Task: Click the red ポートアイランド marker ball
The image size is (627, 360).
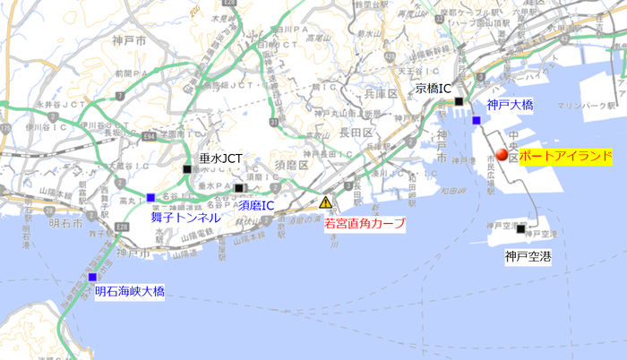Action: pyautogui.click(x=502, y=156)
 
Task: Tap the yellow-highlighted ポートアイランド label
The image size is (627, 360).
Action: pyautogui.click(x=565, y=156)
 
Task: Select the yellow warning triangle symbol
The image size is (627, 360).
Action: pyautogui.click(x=326, y=202)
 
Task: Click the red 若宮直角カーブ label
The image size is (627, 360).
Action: pyautogui.click(x=365, y=223)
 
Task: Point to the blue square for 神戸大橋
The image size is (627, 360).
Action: pyautogui.click(x=477, y=120)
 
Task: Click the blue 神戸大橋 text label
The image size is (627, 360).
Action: pyautogui.click(x=510, y=106)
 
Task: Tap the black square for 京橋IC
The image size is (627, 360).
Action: pyautogui.click(x=460, y=101)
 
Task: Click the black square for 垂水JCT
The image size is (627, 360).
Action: pyautogui.click(x=187, y=168)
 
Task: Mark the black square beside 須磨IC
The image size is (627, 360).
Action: pyautogui.click(x=239, y=188)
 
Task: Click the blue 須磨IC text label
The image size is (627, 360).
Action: pyautogui.click(x=256, y=205)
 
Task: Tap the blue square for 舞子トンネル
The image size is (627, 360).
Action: pyautogui.click(x=150, y=198)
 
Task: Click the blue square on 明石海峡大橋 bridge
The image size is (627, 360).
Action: pyautogui.click(x=92, y=277)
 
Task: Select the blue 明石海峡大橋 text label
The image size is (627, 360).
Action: pyautogui.click(x=130, y=291)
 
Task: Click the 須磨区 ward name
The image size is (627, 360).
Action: pyautogui.click(x=291, y=167)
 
